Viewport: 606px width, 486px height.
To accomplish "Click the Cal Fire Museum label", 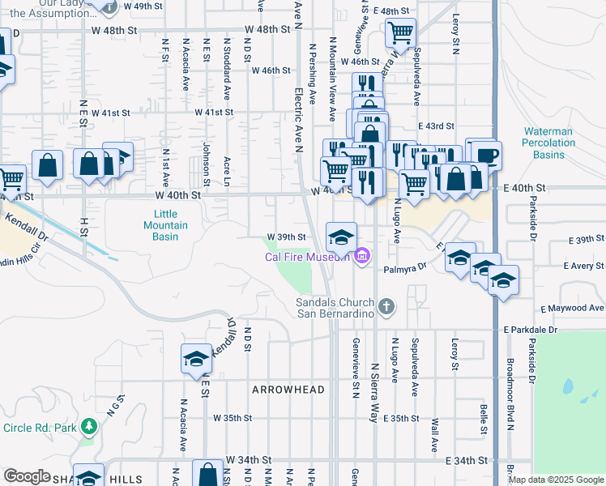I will [x=308, y=258].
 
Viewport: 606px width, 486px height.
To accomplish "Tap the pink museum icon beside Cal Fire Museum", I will [x=361, y=258].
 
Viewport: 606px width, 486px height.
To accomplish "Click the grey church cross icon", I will [x=387, y=306].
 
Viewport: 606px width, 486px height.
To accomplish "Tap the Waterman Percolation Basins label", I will [x=548, y=143].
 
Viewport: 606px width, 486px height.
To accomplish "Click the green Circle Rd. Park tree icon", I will [x=89, y=426].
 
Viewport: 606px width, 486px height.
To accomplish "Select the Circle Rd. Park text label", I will [x=39, y=427].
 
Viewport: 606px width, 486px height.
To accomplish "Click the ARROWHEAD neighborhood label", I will [x=288, y=390].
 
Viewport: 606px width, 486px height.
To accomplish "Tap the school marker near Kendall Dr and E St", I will [x=196, y=359].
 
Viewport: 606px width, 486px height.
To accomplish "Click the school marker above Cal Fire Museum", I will [x=341, y=236].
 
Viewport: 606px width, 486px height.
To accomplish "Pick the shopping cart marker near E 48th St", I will [x=400, y=32].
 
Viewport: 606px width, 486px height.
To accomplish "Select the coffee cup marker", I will [x=486, y=155].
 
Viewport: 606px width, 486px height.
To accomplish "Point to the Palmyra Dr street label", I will [x=404, y=267].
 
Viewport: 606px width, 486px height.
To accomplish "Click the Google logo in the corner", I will [x=27, y=477].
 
